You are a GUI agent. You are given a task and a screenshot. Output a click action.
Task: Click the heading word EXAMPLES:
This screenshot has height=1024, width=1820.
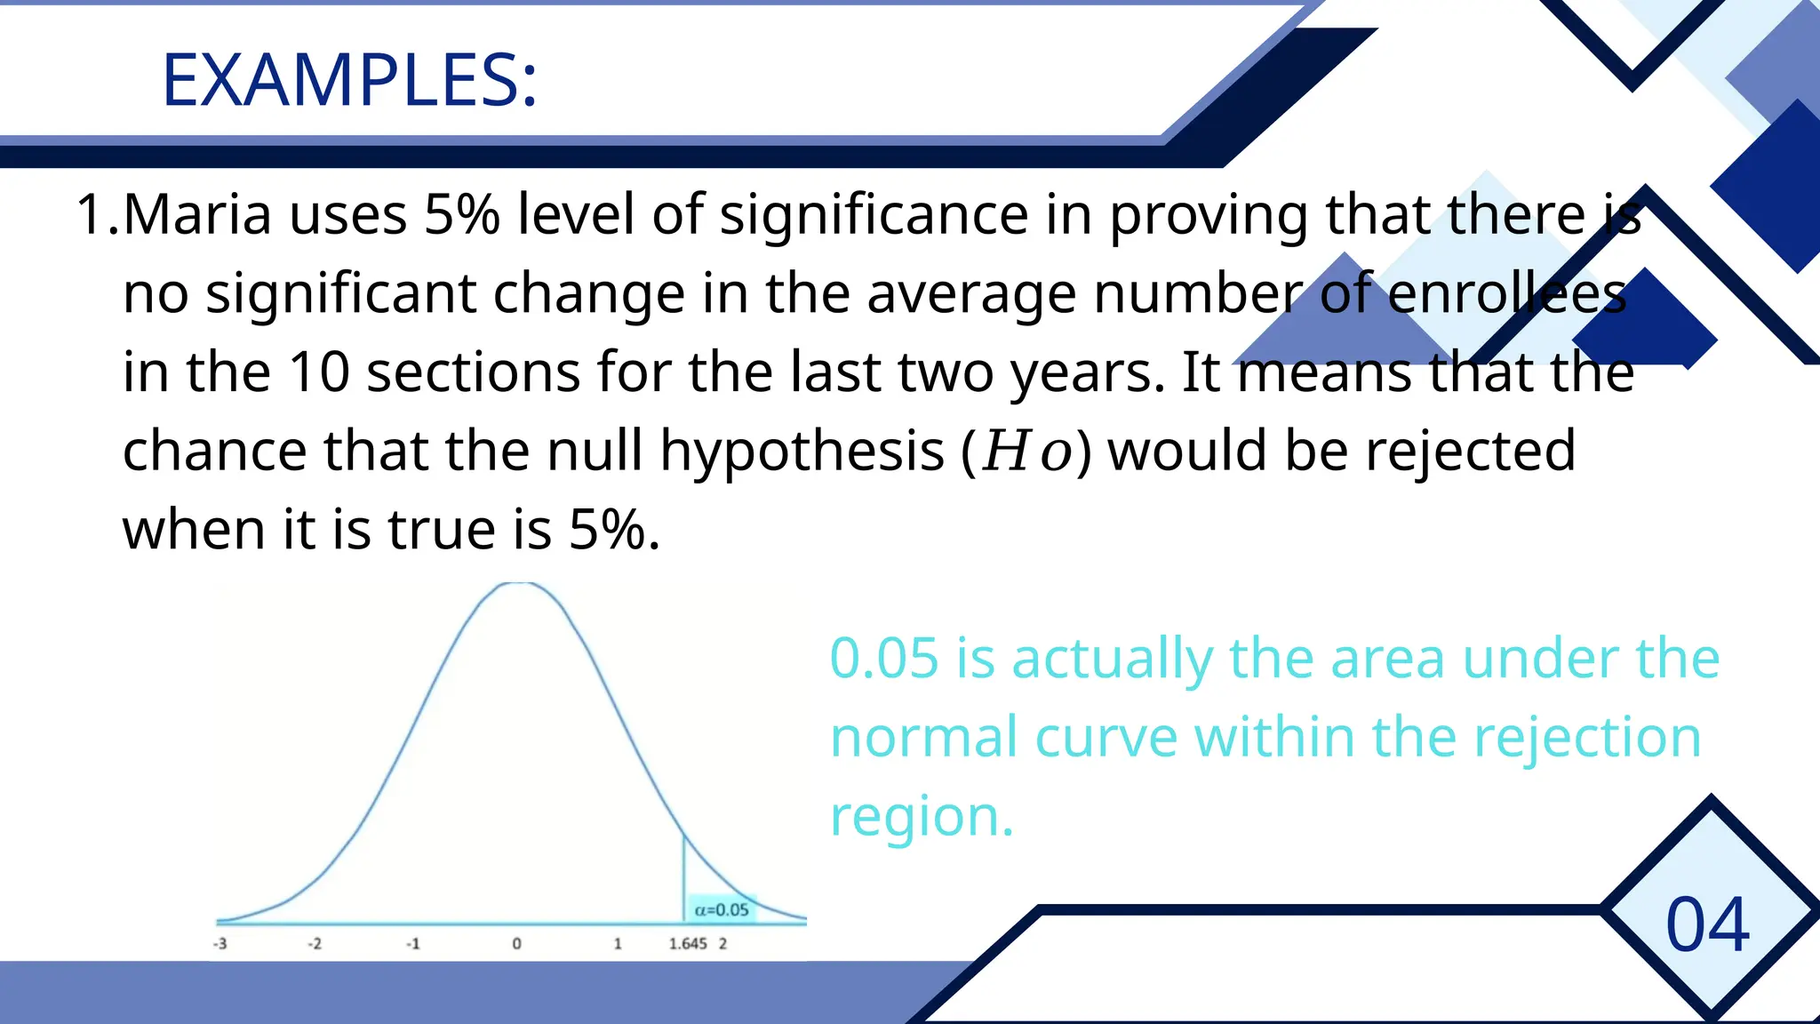click(x=349, y=81)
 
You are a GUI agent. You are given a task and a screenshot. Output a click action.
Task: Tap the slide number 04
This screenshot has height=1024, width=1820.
click(x=1707, y=925)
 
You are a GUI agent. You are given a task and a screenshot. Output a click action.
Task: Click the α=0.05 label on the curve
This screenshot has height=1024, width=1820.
click(x=722, y=909)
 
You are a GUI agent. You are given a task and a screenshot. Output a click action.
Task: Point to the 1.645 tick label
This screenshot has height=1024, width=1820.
click(x=688, y=943)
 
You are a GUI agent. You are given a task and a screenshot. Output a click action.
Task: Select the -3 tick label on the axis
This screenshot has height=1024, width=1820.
click(x=220, y=943)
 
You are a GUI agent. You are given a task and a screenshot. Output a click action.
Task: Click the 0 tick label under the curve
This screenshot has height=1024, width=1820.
click(x=516, y=943)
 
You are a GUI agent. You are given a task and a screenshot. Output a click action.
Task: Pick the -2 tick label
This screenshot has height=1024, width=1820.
click(x=315, y=943)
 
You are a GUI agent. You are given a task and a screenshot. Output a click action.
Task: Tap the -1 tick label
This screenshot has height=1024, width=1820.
click(x=412, y=943)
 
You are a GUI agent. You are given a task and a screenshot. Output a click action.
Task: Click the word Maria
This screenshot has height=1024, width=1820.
click(x=197, y=215)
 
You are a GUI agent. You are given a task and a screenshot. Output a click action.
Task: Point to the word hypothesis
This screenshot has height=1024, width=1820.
click(x=802, y=452)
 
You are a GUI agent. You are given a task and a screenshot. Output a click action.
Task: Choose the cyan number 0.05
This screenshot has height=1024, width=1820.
click(x=883, y=659)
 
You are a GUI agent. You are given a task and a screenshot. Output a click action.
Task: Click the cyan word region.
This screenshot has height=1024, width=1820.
click(x=921, y=816)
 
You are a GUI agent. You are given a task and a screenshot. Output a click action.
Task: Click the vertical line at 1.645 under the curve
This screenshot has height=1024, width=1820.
click(x=683, y=880)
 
